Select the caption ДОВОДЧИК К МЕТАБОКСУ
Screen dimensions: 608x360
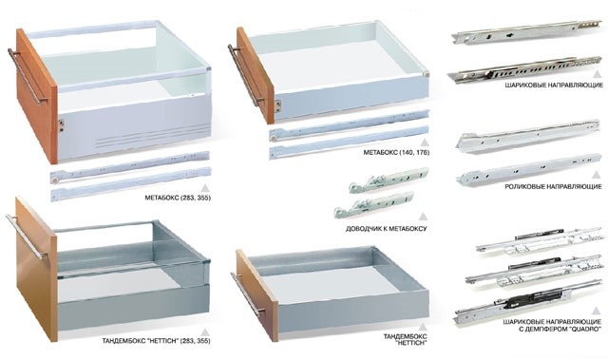pyautogui.click(x=387, y=229)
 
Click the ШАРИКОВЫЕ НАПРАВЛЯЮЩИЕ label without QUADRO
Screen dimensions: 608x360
pyautogui.click(x=554, y=85)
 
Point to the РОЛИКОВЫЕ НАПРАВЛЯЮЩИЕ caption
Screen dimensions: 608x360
pyautogui.click(x=553, y=187)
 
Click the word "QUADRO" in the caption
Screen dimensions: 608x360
pyautogui.click(x=585, y=329)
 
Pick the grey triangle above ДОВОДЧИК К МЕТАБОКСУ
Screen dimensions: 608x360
pyautogui.click(x=424, y=217)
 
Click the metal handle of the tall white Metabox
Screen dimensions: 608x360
pyautogui.click(x=27, y=76)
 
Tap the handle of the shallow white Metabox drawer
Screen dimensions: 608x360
pyautogui.click(x=245, y=75)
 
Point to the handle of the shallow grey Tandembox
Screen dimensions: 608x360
pyautogui.click(x=248, y=294)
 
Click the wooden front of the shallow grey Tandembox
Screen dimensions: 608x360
pyautogui.click(x=256, y=295)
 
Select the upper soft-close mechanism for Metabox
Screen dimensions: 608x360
pyautogui.click(x=389, y=180)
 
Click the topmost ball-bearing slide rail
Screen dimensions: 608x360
pyautogui.click(x=526, y=31)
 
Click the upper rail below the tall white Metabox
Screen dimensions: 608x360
pyautogui.click(x=130, y=167)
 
